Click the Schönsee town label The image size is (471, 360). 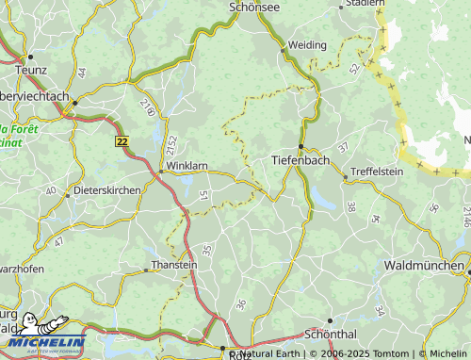tap(255, 7)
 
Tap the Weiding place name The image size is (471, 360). tap(307, 44)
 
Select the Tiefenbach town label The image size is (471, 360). tap(300, 160)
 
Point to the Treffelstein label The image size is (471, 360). tap(376, 172)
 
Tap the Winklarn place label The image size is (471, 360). tap(187, 166)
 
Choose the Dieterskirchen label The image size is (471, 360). tap(107, 189)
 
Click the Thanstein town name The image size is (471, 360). tap(174, 266)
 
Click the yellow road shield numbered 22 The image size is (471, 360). tap(122, 140)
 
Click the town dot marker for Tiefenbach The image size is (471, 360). tap(300, 146)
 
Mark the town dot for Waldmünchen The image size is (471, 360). tap(468, 272)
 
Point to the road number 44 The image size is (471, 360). tap(82, 73)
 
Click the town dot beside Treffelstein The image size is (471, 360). tap(346, 173)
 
